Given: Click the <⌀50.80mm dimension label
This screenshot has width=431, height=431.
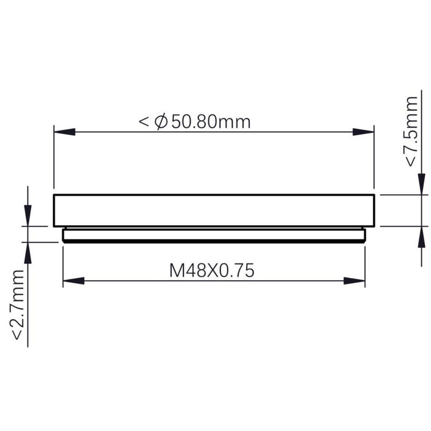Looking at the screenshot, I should click(x=195, y=122).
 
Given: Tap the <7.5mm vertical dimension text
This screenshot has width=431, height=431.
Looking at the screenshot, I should click(x=411, y=131).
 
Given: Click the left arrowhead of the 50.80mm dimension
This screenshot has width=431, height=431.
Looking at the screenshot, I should click(x=64, y=131).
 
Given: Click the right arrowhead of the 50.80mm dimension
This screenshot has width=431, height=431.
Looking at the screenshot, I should click(x=363, y=131).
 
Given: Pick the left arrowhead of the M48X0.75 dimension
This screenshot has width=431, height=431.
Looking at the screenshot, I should click(x=73, y=281).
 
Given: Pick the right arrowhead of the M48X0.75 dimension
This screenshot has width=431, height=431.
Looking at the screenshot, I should click(x=354, y=281).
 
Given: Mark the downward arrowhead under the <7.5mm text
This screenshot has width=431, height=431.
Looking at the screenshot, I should click(x=420, y=184).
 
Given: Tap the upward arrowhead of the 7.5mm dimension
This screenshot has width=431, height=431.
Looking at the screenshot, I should click(x=420, y=237).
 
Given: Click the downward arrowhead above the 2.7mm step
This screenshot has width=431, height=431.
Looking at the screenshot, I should click(x=28, y=214).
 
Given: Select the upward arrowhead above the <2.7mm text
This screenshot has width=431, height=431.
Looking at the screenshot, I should click(x=28, y=253).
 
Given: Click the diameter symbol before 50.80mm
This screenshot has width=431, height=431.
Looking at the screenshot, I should click(x=161, y=122).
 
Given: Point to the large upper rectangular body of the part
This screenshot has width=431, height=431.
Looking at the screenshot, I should click(x=213, y=210).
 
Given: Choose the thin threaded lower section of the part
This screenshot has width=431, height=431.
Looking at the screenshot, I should click(x=214, y=235).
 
